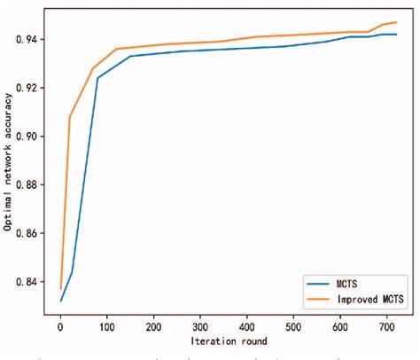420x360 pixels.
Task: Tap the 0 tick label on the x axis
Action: point(60,325)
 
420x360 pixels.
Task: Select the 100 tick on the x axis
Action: point(107,325)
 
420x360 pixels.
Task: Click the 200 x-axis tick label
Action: point(154,325)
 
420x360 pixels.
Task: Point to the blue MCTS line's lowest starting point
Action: point(60,301)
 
